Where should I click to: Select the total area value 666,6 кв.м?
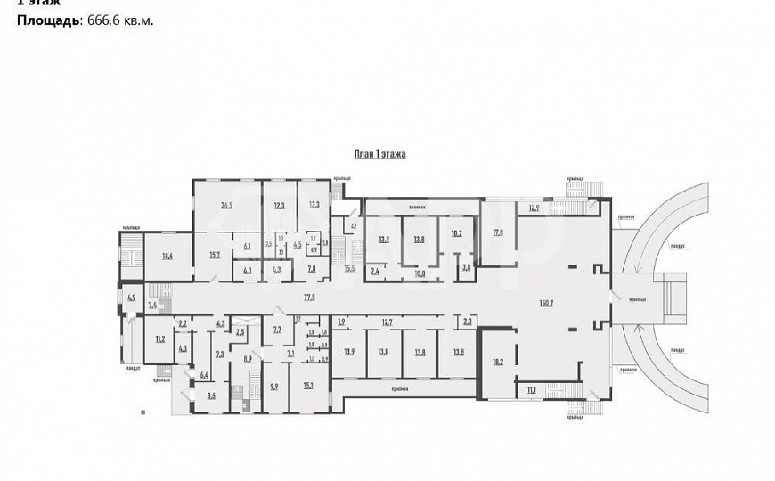coord(118,20)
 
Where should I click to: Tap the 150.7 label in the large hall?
coord(546,303)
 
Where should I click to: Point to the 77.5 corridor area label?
coord(310,295)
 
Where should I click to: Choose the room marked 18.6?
coord(167,256)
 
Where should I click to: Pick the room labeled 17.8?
coord(498,233)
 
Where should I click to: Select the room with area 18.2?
coord(497,363)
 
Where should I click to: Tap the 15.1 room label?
coord(308,385)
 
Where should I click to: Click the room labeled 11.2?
coord(160,339)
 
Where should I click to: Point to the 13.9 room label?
coord(348,352)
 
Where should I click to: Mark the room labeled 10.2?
coord(455,234)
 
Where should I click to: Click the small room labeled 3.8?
coord(465,267)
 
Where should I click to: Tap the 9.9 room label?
coord(274,386)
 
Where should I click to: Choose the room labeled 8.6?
coord(211,395)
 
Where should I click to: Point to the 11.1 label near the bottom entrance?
coord(531,391)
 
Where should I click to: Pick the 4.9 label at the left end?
coord(132,297)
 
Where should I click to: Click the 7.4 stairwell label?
coord(152,306)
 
